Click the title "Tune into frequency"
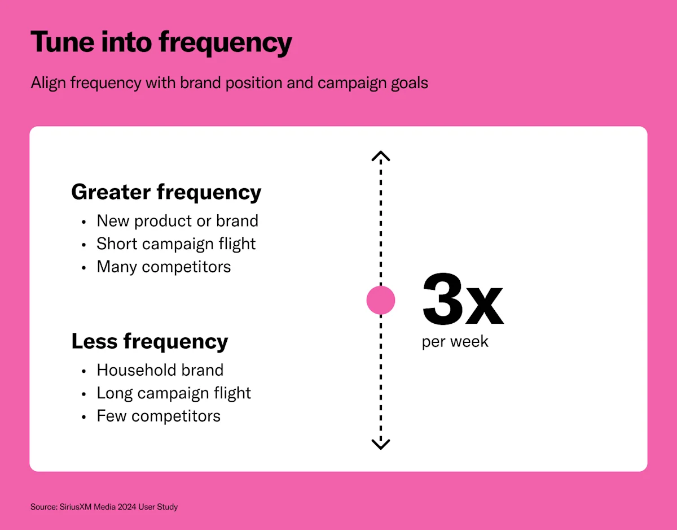(161, 42)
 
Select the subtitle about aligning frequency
(229, 83)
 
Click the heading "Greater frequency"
(166, 192)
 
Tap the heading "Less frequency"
(150, 341)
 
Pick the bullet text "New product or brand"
(177, 221)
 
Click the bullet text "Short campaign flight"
(176, 244)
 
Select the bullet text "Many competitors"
(164, 267)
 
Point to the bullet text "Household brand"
(160, 370)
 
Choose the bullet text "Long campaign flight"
(174, 393)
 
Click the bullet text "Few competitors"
(159, 416)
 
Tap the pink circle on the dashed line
(381, 300)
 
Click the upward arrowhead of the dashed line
(381, 155)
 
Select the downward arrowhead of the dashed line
(381, 444)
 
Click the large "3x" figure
(462, 300)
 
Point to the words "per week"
(455, 342)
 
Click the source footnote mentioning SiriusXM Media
(104, 507)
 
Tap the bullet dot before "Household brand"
(84, 371)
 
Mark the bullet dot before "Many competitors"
(84, 268)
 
